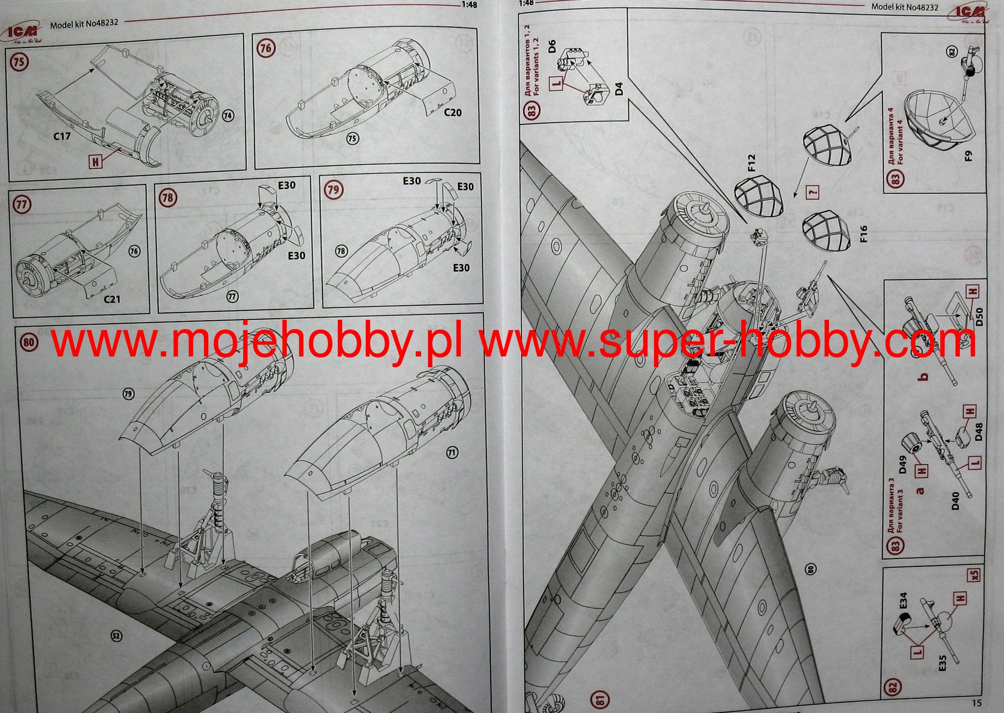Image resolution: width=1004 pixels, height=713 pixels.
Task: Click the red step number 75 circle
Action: tap(20, 62)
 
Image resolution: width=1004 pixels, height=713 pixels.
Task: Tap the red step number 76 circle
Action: tap(265, 48)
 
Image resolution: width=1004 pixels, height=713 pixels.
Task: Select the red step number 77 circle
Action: tap(21, 204)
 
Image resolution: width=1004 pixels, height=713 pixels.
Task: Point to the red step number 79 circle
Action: tap(333, 190)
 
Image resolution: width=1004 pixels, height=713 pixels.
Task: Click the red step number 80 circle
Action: tap(29, 341)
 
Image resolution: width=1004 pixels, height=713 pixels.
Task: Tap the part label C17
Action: tap(62, 136)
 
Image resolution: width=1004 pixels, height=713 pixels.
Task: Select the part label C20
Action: tap(452, 112)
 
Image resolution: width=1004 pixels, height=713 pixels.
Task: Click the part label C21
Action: tap(112, 299)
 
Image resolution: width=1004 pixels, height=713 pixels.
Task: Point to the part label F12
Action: tap(753, 163)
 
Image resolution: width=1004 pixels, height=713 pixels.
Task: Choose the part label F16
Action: tap(863, 234)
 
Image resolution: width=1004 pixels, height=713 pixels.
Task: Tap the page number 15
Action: tap(976, 704)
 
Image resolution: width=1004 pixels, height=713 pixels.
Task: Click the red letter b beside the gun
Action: tap(924, 377)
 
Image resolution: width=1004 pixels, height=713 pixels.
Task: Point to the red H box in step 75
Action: tap(95, 160)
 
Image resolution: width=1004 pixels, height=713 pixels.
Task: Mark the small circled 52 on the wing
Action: tap(116, 636)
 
